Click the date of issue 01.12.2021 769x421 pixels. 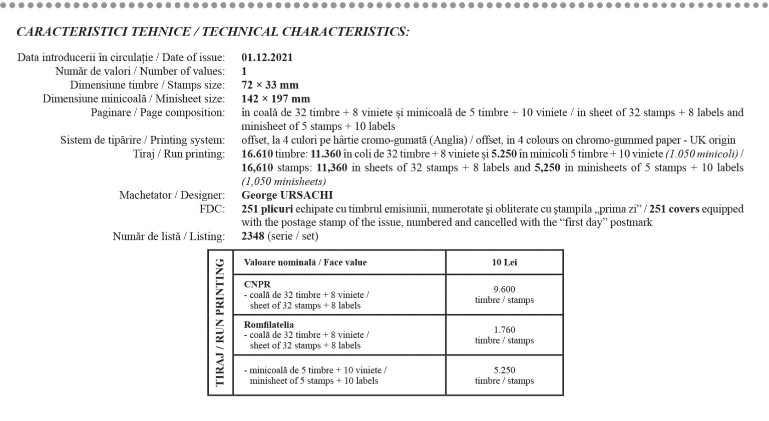(x=267, y=57)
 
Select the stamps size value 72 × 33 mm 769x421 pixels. (x=270, y=85)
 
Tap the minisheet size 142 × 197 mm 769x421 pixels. (x=275, y=99)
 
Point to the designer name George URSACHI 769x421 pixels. (x=287, y=195)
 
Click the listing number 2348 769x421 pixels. (x=253, y=236)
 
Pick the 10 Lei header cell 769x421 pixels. (x=504, y=262)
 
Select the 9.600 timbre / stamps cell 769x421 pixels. (x=504, y=294)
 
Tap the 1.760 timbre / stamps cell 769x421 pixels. (x=504, y=335)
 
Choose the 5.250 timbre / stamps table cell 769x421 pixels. (x=504, y=375)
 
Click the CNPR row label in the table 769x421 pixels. (x=257, y=284)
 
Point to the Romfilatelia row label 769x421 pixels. (x=269, y=325)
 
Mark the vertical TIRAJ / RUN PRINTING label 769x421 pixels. (x=220, y=322)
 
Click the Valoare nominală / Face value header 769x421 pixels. (x=305, y=262)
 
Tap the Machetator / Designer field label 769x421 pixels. (x=172, y=195)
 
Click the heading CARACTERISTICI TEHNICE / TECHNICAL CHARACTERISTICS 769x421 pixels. (x=213, y=32)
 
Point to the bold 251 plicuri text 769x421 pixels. (x=267, y=209)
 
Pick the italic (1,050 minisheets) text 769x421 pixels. (x=283, y=181)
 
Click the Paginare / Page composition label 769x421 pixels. (x=158, y=112)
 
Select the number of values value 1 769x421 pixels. (x=244, y=71)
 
